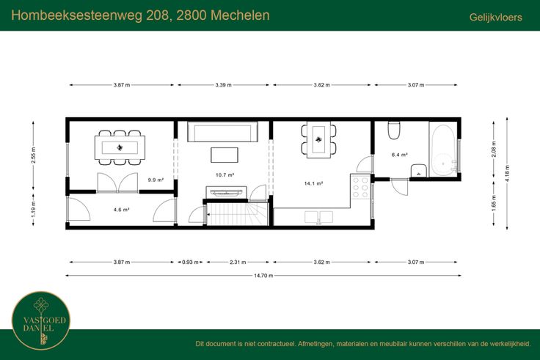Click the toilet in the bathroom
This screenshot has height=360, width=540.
coord(394,130)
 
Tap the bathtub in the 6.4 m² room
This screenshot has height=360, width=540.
coord(444,150)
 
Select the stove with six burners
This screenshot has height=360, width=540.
coord(360,186)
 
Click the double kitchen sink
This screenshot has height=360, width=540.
coord(318,217)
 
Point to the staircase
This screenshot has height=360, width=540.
coord(237,214)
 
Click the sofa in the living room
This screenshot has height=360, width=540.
coord(222,131)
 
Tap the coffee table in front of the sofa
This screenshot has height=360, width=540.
coord(225,155)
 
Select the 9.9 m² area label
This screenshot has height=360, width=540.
coord(156,180)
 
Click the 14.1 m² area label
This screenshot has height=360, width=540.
coord(313,183)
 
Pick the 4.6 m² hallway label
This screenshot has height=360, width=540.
coord(121,209)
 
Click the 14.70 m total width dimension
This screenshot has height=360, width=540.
coord(263,276)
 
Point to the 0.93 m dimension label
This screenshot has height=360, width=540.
coord(190,262)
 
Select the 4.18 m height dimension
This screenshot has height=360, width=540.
coord(507,173)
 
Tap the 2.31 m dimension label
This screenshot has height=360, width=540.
coord(238,262)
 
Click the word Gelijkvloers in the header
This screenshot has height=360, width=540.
coord(495,17)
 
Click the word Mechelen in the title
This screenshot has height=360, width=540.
coord(240,15)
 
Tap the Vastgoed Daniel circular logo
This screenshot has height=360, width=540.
coord(41,320)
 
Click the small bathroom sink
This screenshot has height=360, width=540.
coord(419,170)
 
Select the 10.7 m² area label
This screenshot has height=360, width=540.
coord(225,175)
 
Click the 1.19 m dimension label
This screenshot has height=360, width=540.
coord(34,209)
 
